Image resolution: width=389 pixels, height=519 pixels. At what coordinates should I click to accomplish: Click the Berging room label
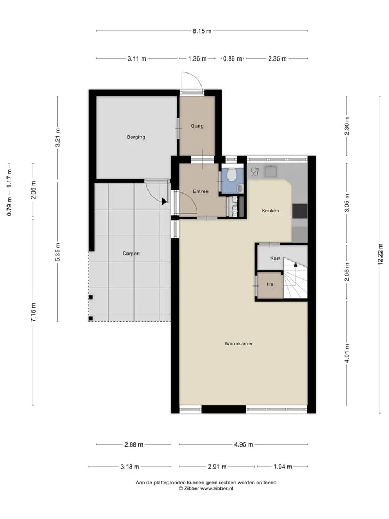point(136,137)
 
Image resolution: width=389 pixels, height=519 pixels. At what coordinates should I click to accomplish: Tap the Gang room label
point(197,126)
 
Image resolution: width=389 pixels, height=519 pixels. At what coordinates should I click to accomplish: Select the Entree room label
point(201,191)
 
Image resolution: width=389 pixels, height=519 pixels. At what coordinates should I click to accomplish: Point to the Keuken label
point(271,210)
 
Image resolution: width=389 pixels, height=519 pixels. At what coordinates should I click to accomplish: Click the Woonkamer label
point(239,344)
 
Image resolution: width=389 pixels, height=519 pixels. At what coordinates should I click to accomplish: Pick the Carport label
point(131,254)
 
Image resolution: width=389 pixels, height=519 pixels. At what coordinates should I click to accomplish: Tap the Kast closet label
point(276,258)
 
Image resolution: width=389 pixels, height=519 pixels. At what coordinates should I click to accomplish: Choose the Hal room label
point(271,284)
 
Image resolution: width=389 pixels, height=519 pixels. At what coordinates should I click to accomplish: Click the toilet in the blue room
point(232,174)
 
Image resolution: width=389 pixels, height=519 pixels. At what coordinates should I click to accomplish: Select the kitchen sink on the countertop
point(271,171)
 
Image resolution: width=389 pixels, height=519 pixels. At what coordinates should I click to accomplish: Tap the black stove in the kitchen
point(300,211)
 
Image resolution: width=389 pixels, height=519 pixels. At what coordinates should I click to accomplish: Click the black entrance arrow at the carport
point(164,201)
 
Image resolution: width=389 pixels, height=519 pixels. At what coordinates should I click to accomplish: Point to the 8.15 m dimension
point(202,31)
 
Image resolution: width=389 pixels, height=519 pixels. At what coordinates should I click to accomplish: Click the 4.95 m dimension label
point(244,444)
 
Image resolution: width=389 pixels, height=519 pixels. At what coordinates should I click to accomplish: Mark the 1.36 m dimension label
point(198,58)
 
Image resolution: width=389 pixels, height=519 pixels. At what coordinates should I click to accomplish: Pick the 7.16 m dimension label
point(33,312)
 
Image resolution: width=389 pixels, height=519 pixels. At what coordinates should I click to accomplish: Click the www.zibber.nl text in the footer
point(217,488)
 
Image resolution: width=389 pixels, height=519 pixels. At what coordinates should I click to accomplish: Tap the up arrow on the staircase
point(296,264)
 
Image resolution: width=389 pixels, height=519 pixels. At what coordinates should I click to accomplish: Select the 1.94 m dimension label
point(283,467)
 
